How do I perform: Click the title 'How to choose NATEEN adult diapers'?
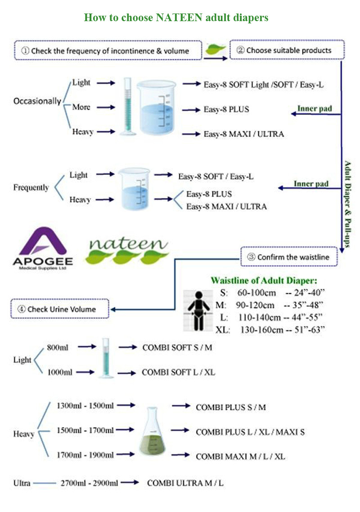[176, 18]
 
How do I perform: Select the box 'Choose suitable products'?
[287, 50]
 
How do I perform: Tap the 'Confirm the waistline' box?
[289, 257]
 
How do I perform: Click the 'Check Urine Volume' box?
[60, 309]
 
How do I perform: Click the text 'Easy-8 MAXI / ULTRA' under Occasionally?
[243, 134]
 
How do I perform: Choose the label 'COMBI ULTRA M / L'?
[185, 483]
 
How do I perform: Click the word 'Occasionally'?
[37, 101]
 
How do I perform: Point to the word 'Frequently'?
[31, 188]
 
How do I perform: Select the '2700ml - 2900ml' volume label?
[89, 483]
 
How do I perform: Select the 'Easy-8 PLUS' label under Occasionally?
[226, 109]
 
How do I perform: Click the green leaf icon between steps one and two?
[215, 50]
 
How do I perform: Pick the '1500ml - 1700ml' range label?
[85, 431]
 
